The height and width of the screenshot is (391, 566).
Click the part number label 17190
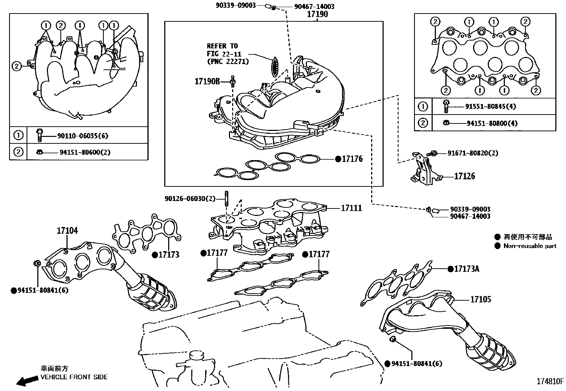click(317, 15)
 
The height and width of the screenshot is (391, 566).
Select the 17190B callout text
click(207, 81)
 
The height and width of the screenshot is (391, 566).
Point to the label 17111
click(351, 208)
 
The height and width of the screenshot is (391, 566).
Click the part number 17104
click(67, 231)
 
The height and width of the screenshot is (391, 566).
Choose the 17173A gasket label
click(466, 269)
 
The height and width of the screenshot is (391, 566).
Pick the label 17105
click(480, 300)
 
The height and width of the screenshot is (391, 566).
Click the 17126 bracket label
click(464, 176)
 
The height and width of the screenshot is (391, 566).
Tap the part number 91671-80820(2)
click(472, 153)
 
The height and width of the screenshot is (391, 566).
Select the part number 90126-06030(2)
click(190, 199)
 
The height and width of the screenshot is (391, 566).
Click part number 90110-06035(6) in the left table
click(82, 136)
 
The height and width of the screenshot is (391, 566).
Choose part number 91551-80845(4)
click(491, 106)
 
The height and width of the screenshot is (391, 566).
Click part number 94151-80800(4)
click(492, 123)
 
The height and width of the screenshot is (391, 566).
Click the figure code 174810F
click(550, 381)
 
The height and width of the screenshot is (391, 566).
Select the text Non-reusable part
click(530, 246)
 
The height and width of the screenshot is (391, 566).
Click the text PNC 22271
click(228, 61)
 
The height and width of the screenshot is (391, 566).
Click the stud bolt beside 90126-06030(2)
click(226, 199)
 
